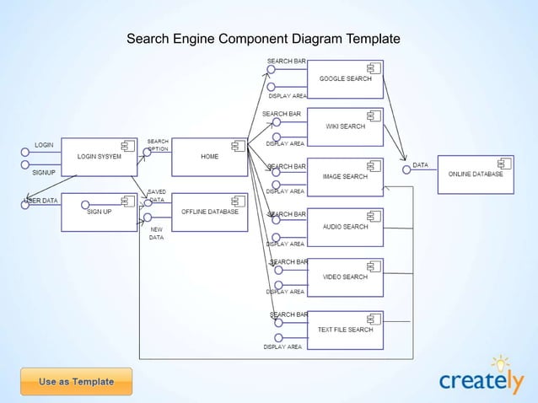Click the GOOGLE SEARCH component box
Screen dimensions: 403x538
click(x=345, y=79)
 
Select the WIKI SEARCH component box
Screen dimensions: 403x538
click(x=345, y=127)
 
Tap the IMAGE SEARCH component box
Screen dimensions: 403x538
click(x=345, y=177)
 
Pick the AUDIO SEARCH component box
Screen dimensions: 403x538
click(x=345, y=227)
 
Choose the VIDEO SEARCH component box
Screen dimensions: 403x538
click(x=345, y=277)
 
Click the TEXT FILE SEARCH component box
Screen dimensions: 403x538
click(x=345, y=330)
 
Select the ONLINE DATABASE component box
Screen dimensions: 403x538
click(x=475, y=175)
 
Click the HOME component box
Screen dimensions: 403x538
click(x=209, y=157)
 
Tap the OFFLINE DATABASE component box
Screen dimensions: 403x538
click(x=209, y=212)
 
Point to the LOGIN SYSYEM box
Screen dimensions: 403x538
click(x=100, y=157)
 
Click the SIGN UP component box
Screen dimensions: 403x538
click(x=100, y=212)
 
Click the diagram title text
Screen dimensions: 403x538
click(x=263, y=40)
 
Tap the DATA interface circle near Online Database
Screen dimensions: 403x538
click(x=406, y=169)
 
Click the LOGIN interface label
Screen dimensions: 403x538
click(x=44, y=145)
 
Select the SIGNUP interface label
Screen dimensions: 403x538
click(x=44, y=172)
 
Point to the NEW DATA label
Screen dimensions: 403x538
click(x=156, y=234)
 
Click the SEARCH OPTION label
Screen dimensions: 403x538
click(x=158, y=145)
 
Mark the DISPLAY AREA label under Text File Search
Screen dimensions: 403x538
click(x=282, y=347)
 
